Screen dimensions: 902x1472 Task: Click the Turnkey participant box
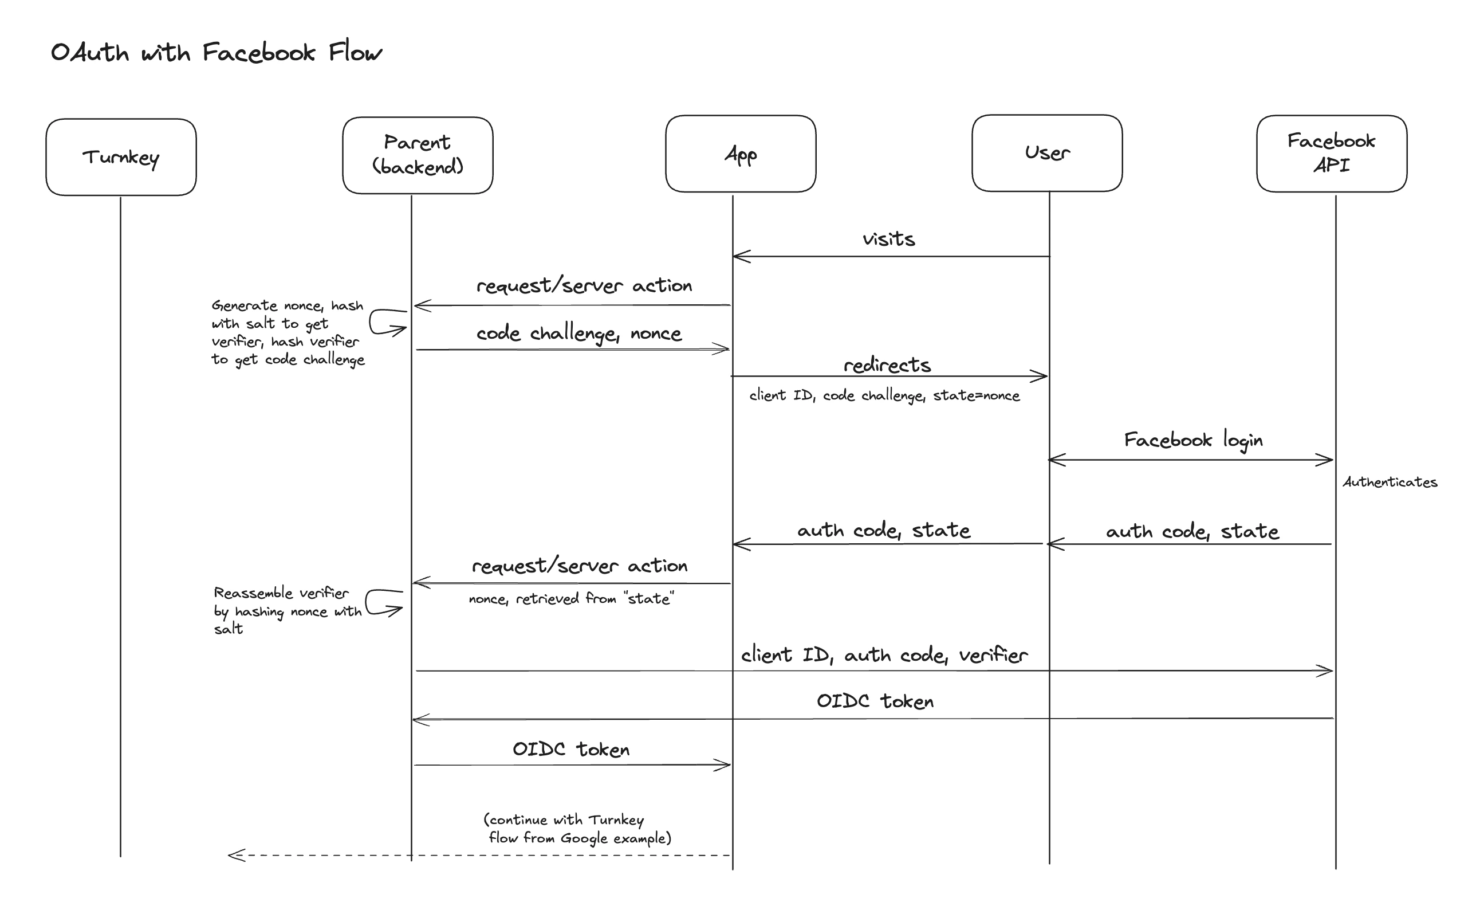pyautogui.click(x=121, y=157)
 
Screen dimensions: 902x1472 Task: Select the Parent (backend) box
pyautogui.click(x=418, y=155)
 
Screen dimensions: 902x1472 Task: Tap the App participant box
pyautogui.click(x=741, y=154)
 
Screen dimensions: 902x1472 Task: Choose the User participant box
pyautogui.click(x=1046, y=153)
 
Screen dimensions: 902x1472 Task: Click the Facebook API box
pyautogui.click(x=1331, y=154)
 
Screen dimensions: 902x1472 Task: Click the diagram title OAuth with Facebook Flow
pyautogui.click(x=217, y=53)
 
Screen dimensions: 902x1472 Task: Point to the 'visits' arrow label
pyautogui.click(x=888, y=239)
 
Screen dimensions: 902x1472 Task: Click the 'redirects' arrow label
pyautogui.click(x=887, y=365)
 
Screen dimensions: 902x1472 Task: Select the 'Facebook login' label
pyautogui.click(x=1193, y=441)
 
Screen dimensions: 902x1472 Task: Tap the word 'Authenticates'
pyautogui.click(x=1390, y=483)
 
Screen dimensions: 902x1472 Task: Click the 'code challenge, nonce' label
pyautogui.click(x=578, y=334)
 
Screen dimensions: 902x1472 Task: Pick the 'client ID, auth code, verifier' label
pyautogui.click(x=884, y=655)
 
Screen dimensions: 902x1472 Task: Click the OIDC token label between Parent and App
pyautogui.click(x=571, y=750)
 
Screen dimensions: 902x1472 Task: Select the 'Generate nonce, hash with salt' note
pyautogui.click(x=288, y=332)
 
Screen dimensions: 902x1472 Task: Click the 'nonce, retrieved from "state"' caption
pyautogui.click(x=571, y=599)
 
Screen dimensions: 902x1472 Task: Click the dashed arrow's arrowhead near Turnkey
pyautogui.click(x=236, y=856)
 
